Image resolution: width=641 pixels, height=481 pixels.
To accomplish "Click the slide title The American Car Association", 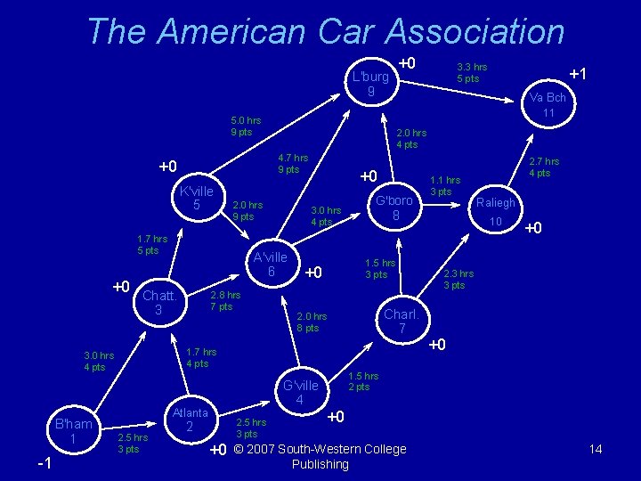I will pyautogui.click(x=326, y=31).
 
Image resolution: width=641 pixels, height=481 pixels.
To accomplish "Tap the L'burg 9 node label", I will pyautogui.click(x=369, y=84).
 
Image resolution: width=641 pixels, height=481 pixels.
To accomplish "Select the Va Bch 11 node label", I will pyautogui.click(x=548, y=105).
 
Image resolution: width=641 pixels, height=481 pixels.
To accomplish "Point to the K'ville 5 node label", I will pyautogui.click(x=196, y=199).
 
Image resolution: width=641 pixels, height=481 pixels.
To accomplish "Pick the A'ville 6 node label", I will pyautogui.click(x=270, y=265).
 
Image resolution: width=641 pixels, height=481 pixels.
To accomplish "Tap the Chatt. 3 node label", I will pyautogui.click(x=159, y=302).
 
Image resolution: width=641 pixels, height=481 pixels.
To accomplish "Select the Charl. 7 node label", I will pyautogui.click(x=402, y=322).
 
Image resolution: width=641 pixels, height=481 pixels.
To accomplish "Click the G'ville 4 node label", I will pyautogui.click(x=300, y=393).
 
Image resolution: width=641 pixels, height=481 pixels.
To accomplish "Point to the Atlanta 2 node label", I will pyautogui.click(x=190, y=420).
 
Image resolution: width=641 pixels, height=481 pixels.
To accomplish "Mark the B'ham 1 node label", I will pyautogui.click(x=74, y=431).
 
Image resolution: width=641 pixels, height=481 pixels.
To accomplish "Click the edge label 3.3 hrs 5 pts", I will pyautogui.click(x=471, y=72).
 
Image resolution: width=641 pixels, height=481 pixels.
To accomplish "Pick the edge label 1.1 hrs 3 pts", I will pyautogui.click(x=445, y=185).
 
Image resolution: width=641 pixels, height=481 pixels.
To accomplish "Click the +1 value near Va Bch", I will pyautogui.click(x=578, y=74).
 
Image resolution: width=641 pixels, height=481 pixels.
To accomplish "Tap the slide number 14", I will pyautogui.click(x=596, y=450).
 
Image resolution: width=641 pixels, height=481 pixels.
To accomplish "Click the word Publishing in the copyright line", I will pyautogui.click(x=320, y=464).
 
